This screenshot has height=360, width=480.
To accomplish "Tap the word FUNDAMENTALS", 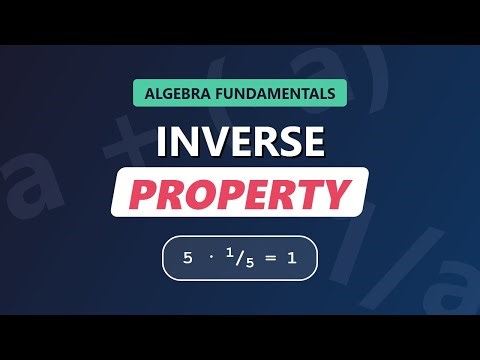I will coord(274,95).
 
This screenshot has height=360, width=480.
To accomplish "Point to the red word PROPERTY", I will coord(240,192).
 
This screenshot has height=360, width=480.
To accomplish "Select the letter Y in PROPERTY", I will coord(338,192).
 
